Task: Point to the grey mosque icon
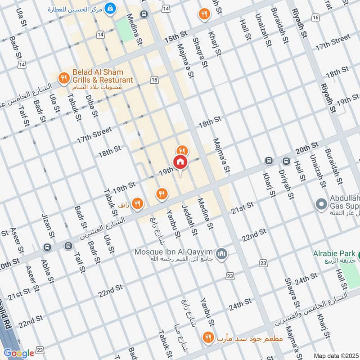click(x=221, y=255)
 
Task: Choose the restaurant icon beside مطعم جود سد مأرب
click(x=208, y=337)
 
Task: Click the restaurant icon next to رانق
click(x=138, y=204)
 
